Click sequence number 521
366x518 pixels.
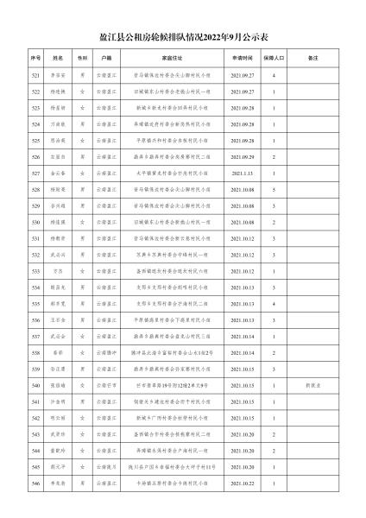pos(35,77)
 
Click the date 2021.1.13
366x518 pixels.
pos(242,174)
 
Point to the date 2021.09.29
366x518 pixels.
pos(242,158)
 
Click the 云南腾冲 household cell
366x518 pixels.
pos(107,353)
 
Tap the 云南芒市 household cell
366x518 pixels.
pos(107,385)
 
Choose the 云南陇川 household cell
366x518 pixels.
pos(107,467)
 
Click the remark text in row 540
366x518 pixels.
pos(312,385)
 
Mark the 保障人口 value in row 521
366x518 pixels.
pos(273,77)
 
